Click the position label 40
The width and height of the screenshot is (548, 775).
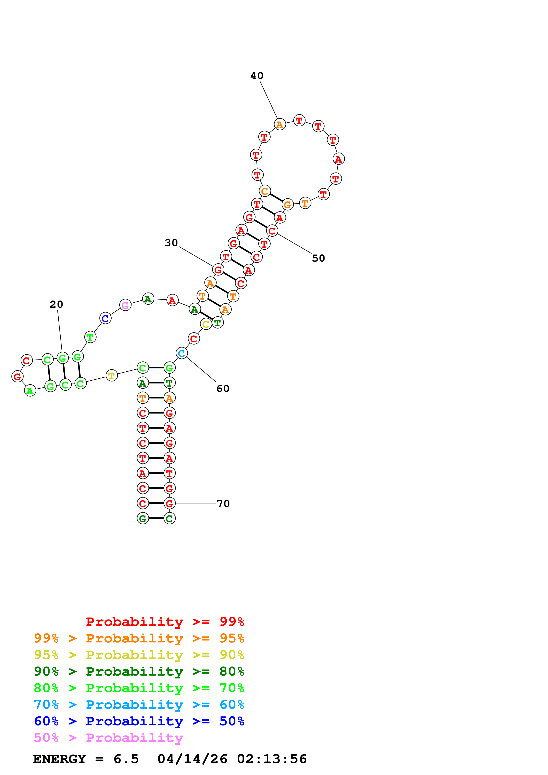tap(257, 76)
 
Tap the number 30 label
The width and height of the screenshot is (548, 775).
tap(171, 243)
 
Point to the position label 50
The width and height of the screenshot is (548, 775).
tap(318, 258)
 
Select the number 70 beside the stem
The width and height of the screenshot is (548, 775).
tap(223, 504)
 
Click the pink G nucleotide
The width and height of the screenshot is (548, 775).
tap(125, 305)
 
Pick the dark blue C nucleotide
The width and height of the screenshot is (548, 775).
tap(105, 318)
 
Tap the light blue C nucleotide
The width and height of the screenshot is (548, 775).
tap(182, 353)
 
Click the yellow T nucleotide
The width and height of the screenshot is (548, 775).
tap(112, 375)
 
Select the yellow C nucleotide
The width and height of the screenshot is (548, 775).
tap(206, 324)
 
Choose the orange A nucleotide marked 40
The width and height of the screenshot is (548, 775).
tap(280, 125)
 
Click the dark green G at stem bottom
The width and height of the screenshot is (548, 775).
tap(143, 519)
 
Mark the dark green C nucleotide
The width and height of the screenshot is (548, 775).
tap(170, 519)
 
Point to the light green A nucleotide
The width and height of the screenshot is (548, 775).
tap(30, 391)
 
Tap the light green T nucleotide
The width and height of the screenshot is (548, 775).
tap(90, 337)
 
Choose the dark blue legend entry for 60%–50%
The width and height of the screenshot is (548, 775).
tap(139, 721)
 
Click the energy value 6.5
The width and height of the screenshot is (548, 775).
tap(126, 759)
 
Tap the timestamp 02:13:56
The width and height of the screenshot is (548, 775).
tap(272, 759)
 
